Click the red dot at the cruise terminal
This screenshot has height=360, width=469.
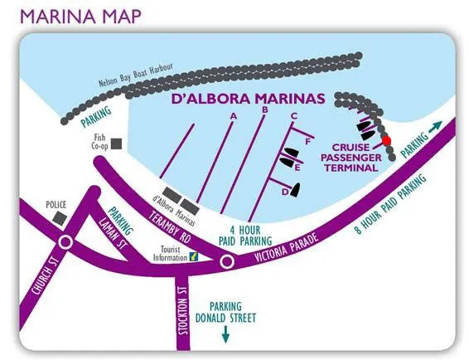point(387,141)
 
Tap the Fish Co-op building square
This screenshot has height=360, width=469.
point(116,144)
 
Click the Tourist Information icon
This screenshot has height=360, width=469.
point(194,256)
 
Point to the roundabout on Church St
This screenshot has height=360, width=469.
point(65,242)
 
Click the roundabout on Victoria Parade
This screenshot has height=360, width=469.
point(227,262)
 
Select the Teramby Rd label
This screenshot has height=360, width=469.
point(170,227)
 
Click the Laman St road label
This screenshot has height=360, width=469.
point(113,233)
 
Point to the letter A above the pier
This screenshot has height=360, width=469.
point(234,116)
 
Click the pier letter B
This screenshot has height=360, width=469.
point(264,110)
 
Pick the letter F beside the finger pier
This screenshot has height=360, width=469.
point(308,142)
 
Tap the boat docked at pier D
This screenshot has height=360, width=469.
point(295,190)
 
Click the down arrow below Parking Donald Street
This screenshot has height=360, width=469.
point(225,334)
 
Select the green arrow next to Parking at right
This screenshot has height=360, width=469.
point(435,127)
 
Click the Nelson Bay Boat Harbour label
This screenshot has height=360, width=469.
point(136,75)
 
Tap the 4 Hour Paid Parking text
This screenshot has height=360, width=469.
point(245,236)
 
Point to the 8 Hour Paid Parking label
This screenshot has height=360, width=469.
point(390,204)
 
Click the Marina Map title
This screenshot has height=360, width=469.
point(80,17)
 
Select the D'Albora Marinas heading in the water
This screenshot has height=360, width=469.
point(248,99)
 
